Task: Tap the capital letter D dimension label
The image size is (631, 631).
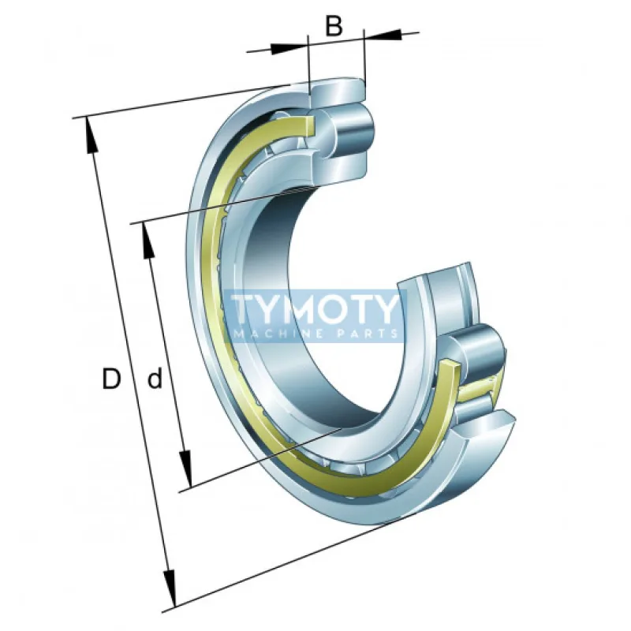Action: coord(111,379)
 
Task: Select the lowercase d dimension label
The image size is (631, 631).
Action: coord(155,378)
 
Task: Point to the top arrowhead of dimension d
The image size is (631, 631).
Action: coord(148,241)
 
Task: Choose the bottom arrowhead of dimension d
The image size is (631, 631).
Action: coord(186,469)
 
